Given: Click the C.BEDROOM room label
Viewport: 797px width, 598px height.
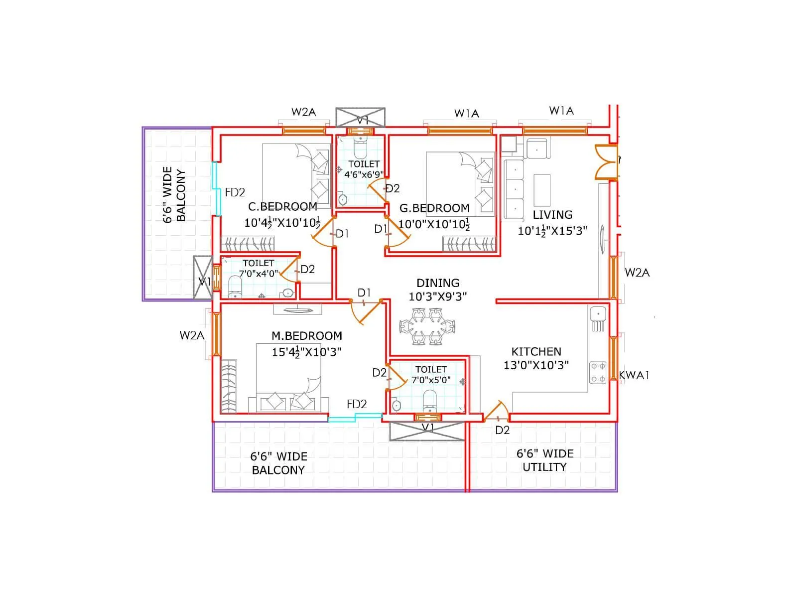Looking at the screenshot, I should pyautogui.click(x=282, y=206).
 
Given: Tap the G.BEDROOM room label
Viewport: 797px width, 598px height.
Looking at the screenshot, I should pyautogui.click(x=434, y=208).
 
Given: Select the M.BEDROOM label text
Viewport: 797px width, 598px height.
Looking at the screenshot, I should pyautogui.click(x=306, y=336).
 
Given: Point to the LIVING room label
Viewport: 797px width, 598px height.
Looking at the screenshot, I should pyautogui.click(x=552, y=215).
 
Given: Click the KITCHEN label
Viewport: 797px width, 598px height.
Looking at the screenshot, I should pyautogui.click(x=536, y=351).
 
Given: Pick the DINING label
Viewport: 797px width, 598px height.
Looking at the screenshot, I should pyautogui.click(x=438, y=283).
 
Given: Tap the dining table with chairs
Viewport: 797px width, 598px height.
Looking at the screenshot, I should pyautogui.click(x=427, y=327).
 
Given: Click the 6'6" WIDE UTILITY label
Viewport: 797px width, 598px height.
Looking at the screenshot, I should pyautogui.click(x=544, y=460).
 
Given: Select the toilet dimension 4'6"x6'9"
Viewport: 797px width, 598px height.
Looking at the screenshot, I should pyautogui.click(x=364, y=174).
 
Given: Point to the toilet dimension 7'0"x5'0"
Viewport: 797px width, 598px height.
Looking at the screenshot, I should pyautogui.click(x=431, y=380).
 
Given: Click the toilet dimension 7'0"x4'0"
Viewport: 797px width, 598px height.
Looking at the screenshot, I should pyautogui.click(x=258, y=274).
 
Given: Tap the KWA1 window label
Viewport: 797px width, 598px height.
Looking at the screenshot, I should pyautogui.click(x=634, y=375).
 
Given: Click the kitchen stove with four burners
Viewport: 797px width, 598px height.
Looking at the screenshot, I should pyautogui.click(x=598, y=372).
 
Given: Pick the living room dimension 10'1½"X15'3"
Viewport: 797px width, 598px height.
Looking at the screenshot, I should pyautogui.click(x=552, y=231).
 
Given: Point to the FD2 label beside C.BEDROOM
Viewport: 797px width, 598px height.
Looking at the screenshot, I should pyautogui.click(x=235, y=192).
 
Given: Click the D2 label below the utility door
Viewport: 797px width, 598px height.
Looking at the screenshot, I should pyautogui.click(x=502, y=430).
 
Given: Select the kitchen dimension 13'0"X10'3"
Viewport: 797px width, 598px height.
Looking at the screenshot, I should pyautogui.click(x=536, y=365).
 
